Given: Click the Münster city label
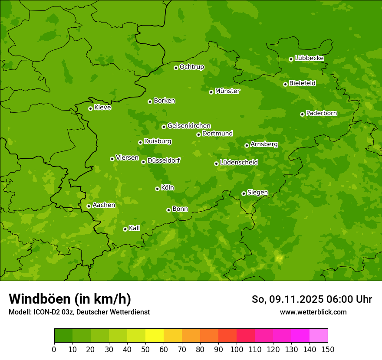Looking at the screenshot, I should tap(227, 91).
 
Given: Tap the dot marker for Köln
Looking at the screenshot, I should tap(157, 189).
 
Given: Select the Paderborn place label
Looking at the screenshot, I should tap(321, 113).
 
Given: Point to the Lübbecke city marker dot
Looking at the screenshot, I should tap(291, 59).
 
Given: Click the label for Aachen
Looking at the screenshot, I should tap(104, 205).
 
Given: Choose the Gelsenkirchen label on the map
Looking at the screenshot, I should tap(189, 126).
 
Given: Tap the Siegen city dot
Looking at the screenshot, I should tap(244, 193).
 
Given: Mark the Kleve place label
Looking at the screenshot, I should tap(102, 108).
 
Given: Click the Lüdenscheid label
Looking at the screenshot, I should tap(239, 163).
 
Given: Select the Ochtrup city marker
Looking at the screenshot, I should tap(176, 68).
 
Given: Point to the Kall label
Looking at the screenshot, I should tap(134, 228).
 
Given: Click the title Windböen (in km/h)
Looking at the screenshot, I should tap(70, 299).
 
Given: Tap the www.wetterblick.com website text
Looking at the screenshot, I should tap(313, 312).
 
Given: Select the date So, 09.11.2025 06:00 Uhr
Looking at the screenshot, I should tap(312, 299).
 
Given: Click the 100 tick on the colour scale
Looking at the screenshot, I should tap(237, 349).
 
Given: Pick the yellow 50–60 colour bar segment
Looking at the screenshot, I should tap(155, 336).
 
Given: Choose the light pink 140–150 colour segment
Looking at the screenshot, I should tap(319, 336).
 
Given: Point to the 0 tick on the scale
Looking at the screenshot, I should tap(54, 349).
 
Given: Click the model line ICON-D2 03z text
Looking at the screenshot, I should tap(79, 312).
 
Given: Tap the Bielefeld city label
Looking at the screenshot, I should tap(302, 83).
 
